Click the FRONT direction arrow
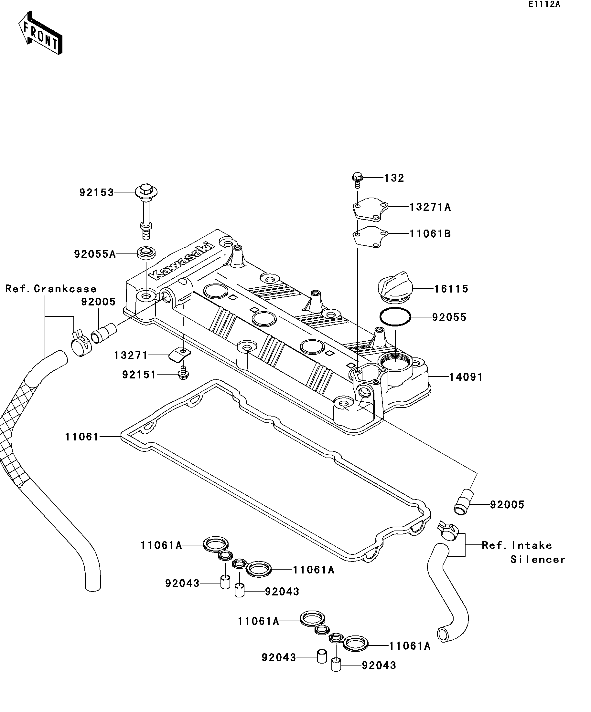pos(40,33)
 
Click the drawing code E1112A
pos(544,5)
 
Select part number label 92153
pos(96,192)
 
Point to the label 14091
pos(466,377)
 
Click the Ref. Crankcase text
pos(51,289)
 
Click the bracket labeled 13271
pos(179,355)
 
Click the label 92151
pos(139,375)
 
